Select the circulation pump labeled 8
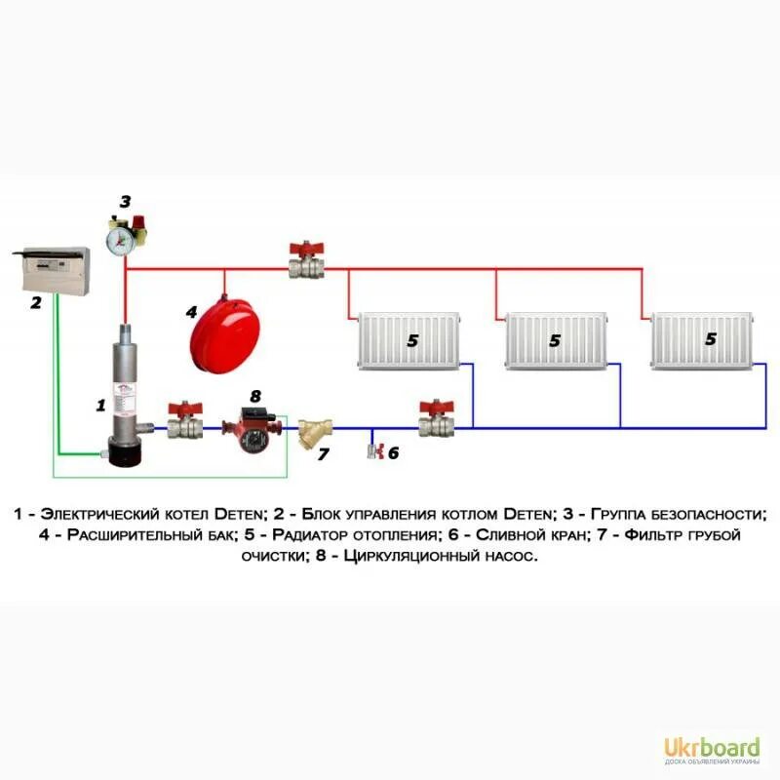point(253,426)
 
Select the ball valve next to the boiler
point(183,422)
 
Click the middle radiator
point(554,340)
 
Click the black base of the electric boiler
point(126,454)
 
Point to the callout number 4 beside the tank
point(192,312)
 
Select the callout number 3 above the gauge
point(125,202)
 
